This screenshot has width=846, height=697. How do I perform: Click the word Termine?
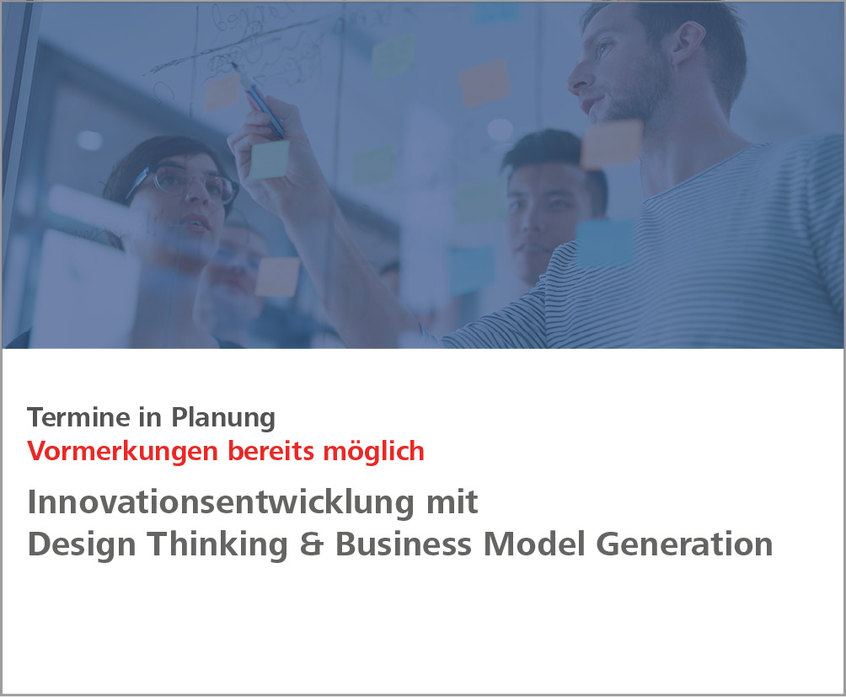70,416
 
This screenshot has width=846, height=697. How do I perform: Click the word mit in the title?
455,502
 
